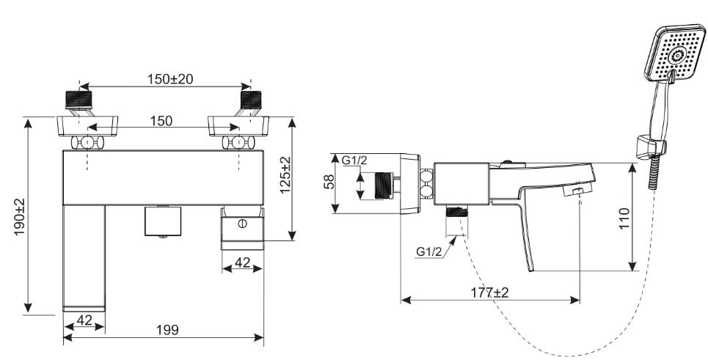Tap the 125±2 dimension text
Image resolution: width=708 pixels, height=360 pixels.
tap(285, 174)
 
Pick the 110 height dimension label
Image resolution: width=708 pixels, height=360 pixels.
tap(624, 218)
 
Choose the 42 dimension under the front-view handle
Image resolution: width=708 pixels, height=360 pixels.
tap(242, 263)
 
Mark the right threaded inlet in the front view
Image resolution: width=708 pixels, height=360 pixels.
tap(249, 100)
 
